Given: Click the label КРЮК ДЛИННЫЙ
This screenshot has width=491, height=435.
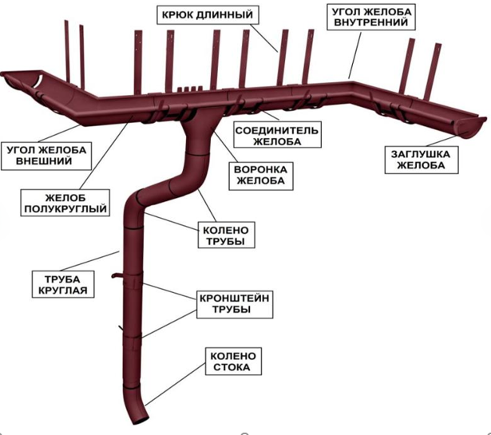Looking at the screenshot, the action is [208, 14].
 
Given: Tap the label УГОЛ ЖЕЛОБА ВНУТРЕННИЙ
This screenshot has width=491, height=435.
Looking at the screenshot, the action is [371, 18].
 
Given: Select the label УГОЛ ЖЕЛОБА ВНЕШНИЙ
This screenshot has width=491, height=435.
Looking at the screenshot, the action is [46, 156].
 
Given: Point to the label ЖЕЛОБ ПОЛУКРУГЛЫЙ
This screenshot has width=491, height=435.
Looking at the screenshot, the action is [65, 203].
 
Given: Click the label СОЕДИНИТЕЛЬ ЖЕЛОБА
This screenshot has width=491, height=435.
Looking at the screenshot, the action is [277, 136].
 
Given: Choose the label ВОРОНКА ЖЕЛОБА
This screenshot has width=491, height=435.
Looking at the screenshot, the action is [261, 176].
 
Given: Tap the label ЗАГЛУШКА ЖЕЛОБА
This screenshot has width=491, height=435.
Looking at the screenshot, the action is [422, 160].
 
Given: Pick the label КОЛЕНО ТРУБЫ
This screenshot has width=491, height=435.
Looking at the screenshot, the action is [226, 235].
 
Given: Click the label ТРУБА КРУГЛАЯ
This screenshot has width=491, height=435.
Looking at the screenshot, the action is [62, 284].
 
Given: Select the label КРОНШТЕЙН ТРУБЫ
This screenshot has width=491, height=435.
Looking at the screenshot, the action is [235, 303].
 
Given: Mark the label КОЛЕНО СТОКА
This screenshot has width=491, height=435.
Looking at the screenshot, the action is [233, 361].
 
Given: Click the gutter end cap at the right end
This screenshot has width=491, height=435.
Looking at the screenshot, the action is [471, 128].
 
